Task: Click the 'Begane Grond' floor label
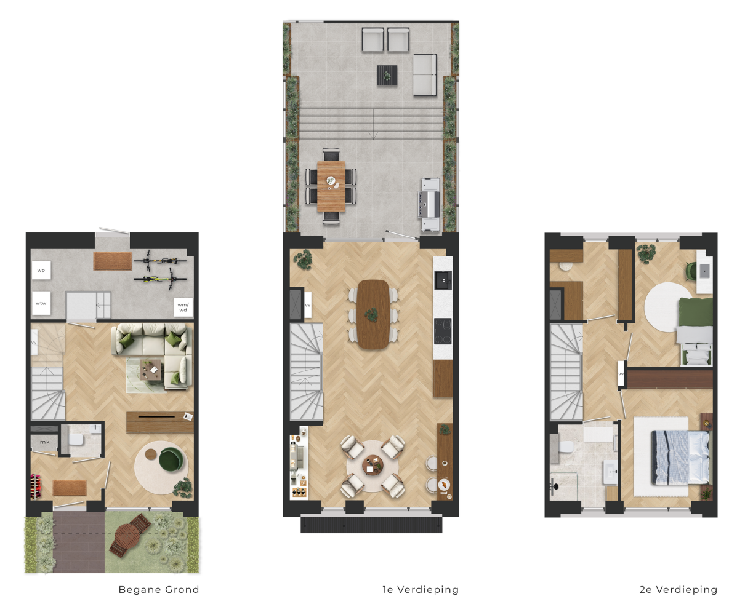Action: pyautogui.click(x=159, y=589)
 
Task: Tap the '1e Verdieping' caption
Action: pyautogui.click(x=420, y=589)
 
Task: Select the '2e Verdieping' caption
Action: pyautogui.click(x=679, y=589)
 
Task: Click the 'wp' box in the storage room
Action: pyautogui.click(x=41, y=271)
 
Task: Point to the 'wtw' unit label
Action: pyautogui.click(x=41, y=303)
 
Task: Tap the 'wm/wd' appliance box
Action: pyautogui.click(x=183, y=307)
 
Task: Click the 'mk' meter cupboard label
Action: pyautogui.click(x=45, y=442)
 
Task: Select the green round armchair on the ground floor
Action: pyautogui.click(x=171, y=459)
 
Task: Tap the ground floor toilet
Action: pyautogui.click(x=76, y=440)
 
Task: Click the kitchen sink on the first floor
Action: pyautogui.click(x=443, y=280)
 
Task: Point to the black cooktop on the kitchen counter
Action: pyautogui.click(x=442, y=331)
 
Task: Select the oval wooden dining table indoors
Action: pyautogui.click(x=373, y=314)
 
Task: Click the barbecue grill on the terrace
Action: pyautogui.click(x=430, y=205)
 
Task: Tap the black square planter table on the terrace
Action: pyautogui.click(x=387, y=76)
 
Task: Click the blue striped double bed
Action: pyautogui.click(x=680, y=458)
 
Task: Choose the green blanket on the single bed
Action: pyautogui.click(x=696, y=312)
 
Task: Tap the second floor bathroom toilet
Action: pyautogui.click(x=565, y=446)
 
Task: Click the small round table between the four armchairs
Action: pyautogui.click(x=373, y=466)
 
